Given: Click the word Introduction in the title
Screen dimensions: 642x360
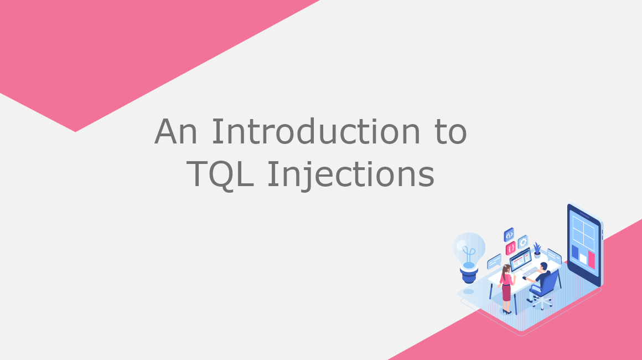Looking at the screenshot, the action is [315, 131].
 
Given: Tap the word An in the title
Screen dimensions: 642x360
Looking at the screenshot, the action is [176, 131].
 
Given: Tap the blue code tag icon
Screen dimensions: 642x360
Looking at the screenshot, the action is [509, 235].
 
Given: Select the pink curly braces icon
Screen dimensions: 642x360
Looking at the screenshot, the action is [511, 248].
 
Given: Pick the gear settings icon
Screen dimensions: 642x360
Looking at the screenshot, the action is [523, 243].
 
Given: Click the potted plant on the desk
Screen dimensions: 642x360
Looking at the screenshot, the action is [537, 250].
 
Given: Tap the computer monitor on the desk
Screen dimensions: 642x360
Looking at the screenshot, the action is [521, 260].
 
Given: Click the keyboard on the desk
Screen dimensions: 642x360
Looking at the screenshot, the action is [531, 271].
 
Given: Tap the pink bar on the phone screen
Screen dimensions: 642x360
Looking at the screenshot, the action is [591, 260].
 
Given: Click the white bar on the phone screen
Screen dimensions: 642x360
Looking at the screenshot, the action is [583, 259].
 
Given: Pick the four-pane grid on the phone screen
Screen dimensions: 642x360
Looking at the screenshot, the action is [583, 232].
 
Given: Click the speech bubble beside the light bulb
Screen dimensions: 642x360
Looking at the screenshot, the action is [494, 261].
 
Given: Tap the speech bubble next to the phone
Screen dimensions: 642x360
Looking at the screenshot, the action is [554, 256].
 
